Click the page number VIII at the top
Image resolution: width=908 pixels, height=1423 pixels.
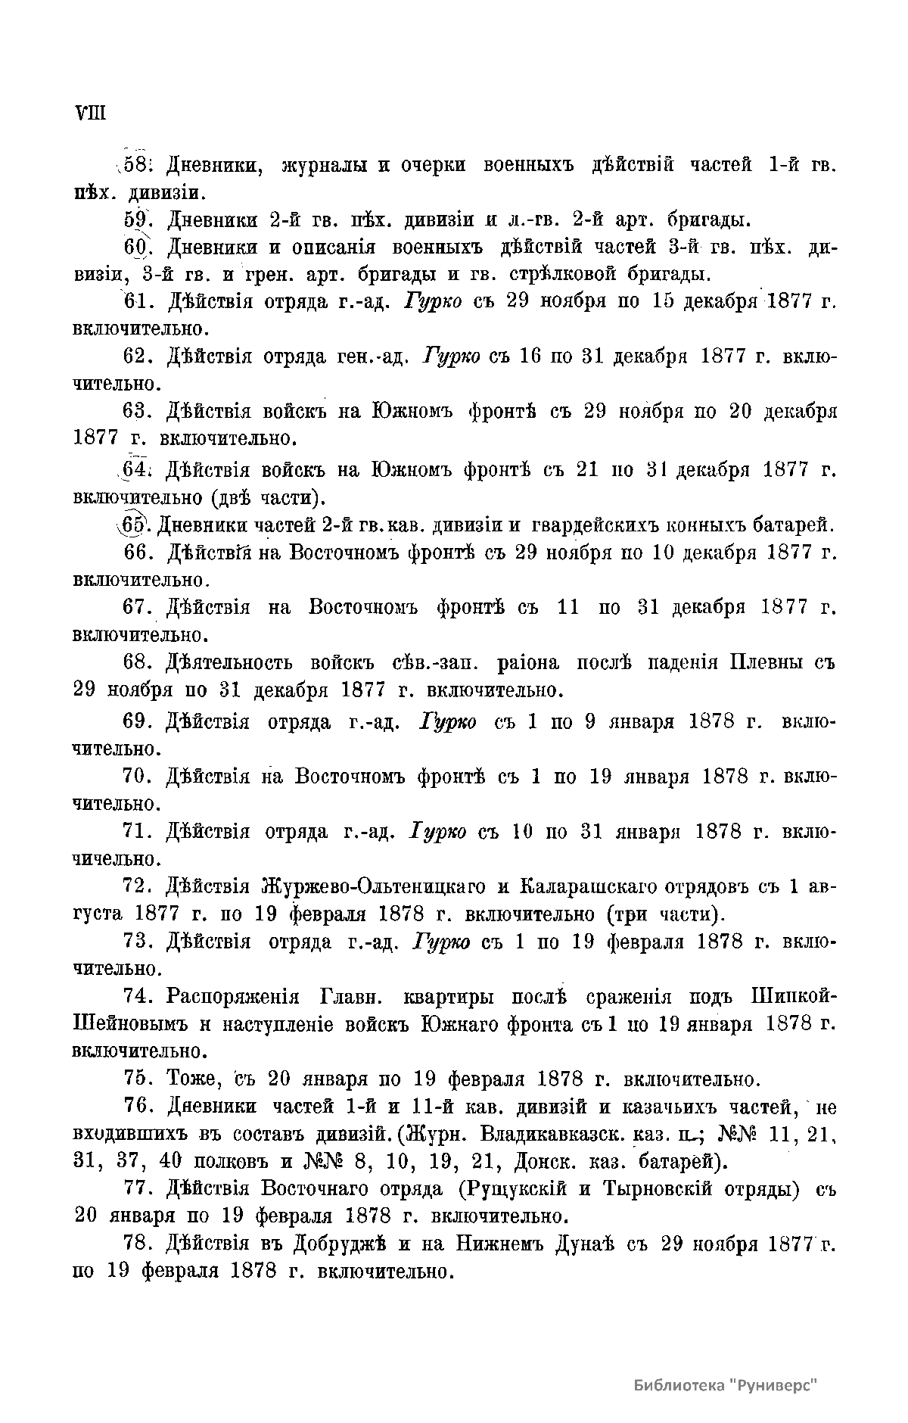[x=90, y=114]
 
